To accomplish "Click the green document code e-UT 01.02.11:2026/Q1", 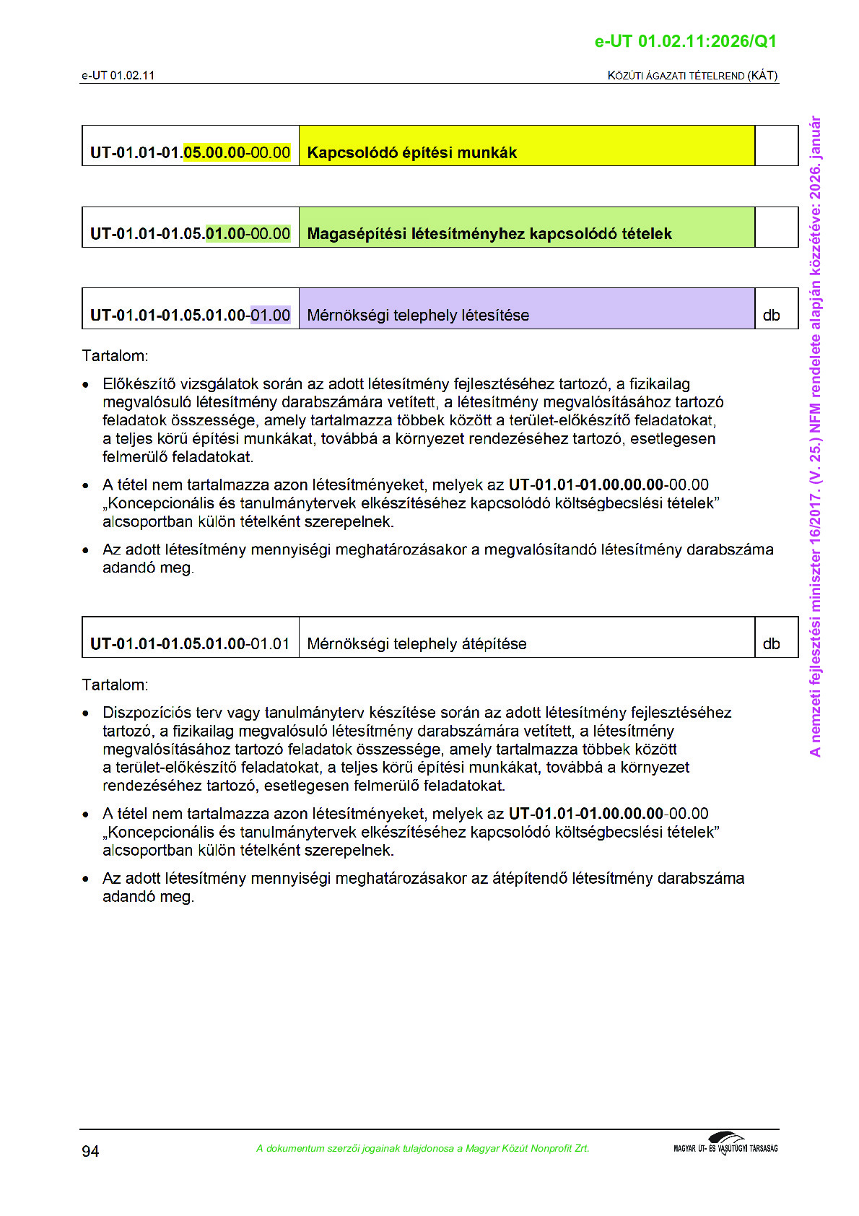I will [x=685, y=41].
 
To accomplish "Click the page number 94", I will [x=90, y=1151].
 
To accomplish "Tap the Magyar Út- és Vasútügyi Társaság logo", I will [x=725, y=1145].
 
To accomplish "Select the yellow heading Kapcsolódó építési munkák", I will [x=412, y=152].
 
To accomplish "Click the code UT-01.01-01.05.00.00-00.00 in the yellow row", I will [x=190, y=152].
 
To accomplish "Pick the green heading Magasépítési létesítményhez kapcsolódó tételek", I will [x=489, y=234].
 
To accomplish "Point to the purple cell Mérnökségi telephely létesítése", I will [x=418, y=316].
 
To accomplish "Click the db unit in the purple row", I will [x=771, y=316].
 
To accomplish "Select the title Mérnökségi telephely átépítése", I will [x=417, y=644].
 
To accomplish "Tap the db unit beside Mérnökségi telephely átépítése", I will [x=771, y=644].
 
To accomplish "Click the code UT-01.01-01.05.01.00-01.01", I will [x=190, y=644].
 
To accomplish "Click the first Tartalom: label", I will [x=115, y=356].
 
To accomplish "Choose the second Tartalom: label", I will [x=115, y=685].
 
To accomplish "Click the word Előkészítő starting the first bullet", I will [x=139, y=384].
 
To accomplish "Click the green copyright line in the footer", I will [x=422, y=1149].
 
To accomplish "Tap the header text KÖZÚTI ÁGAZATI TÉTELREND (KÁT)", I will [x=692, y=76].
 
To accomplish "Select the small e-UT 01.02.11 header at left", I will [x=118, y=76].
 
